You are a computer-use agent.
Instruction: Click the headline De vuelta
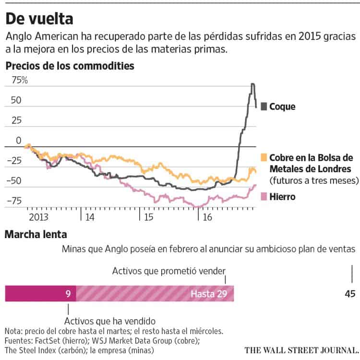click(39, 19)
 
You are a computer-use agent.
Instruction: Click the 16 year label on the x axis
click(207, 216)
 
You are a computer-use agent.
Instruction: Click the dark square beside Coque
click(264, 107)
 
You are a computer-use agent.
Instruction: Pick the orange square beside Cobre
click(264, 157)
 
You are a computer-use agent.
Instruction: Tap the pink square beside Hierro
click(264, 196)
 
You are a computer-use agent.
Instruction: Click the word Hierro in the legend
click(282, 196)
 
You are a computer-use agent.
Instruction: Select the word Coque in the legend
click(282, 107)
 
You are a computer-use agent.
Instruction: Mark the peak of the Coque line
click(252, 84)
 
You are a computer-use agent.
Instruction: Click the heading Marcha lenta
click(36, 235)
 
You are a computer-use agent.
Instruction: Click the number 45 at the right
click(349, 294)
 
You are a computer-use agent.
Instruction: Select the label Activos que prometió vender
click(168, 271)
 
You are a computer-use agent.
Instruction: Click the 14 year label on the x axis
click(90, 216)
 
